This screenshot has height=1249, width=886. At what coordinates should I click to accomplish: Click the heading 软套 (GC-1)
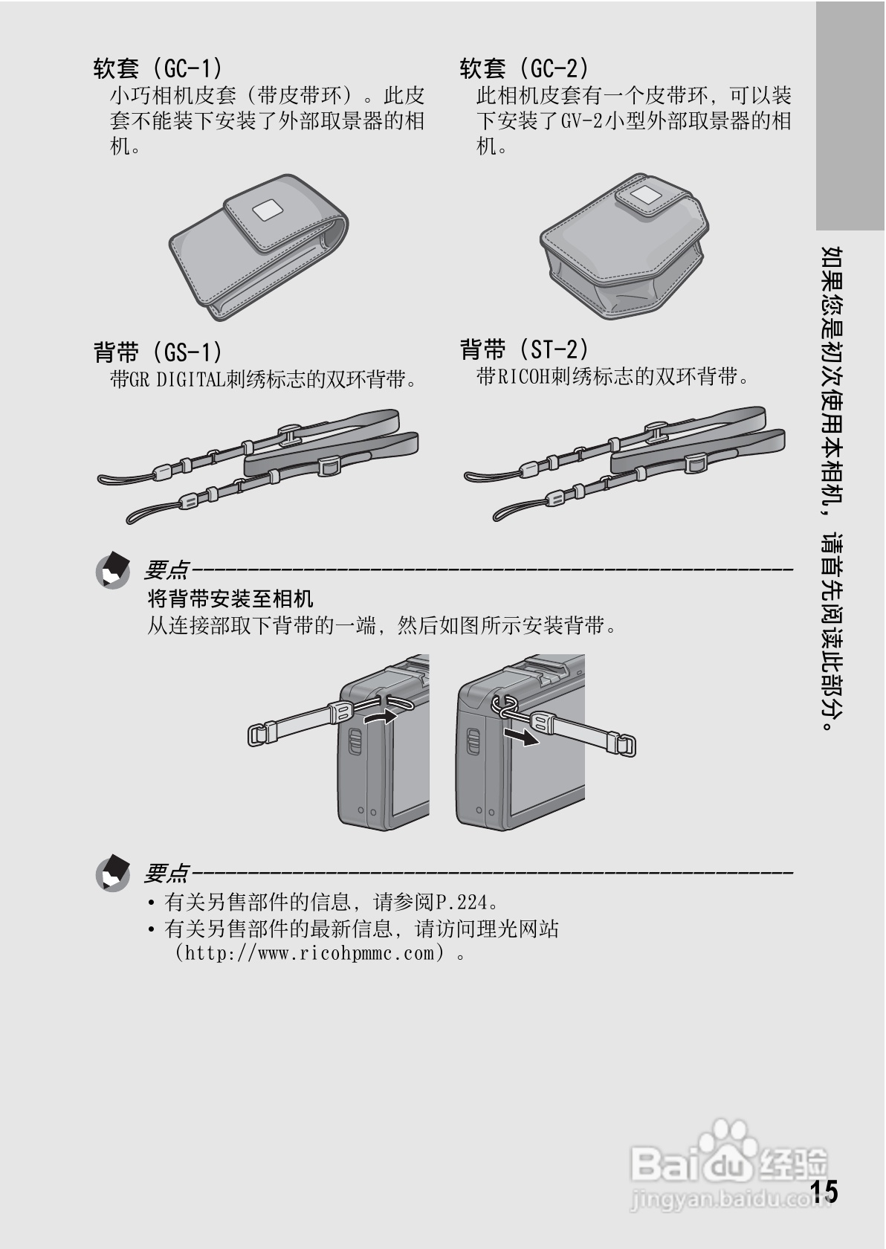(157, 69)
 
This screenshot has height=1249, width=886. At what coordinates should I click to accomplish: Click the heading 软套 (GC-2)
(524, 69)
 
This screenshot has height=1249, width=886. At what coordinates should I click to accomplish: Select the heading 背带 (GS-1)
(157, 352)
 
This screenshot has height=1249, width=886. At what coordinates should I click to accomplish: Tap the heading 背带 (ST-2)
(524, 349)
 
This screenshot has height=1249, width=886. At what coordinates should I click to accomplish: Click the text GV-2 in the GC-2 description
(581, 121)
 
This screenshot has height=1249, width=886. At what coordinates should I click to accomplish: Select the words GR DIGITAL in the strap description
(177, 380)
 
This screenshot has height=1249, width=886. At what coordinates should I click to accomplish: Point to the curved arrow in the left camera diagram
(379, 717)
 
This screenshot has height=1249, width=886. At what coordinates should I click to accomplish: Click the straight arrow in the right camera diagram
(520, 737)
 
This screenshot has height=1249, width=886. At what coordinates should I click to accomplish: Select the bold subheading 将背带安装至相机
(230, 598)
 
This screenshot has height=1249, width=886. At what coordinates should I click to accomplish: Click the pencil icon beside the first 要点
(113, 570)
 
